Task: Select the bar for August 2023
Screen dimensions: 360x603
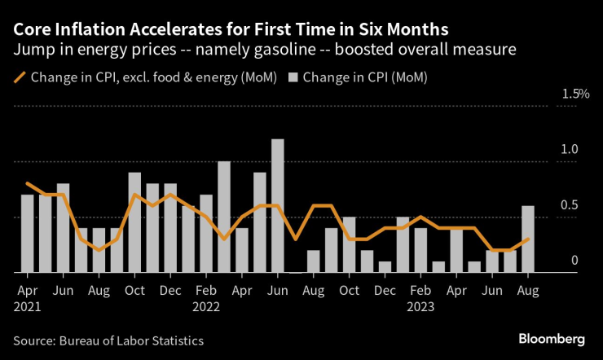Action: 529,239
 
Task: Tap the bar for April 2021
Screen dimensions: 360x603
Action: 27,234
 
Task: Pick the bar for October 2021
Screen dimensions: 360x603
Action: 134,222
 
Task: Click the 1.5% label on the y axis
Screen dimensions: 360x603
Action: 575,94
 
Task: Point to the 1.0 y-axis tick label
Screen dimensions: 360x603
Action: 569,150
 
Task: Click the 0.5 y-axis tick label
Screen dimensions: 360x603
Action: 569,205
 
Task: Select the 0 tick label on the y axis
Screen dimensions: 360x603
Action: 574,261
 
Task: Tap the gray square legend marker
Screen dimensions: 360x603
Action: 295,78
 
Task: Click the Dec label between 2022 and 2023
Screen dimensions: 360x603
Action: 386,290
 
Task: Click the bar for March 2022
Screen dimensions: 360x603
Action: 224,217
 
